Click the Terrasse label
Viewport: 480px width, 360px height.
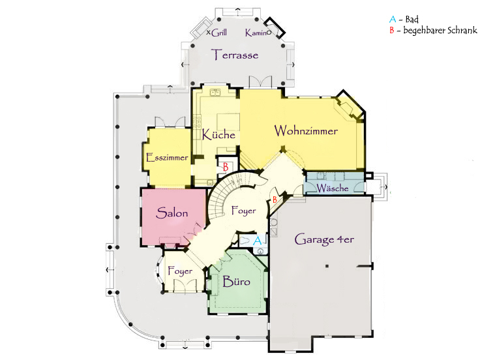[x=235, y=55]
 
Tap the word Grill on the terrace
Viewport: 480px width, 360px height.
[x=219, y=33]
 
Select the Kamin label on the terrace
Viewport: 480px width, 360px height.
[x=256, y=33]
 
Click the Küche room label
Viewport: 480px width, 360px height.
[x=218, y=134]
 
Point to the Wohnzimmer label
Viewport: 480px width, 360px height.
[x=306, y=130]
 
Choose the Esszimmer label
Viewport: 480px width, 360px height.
[x=167, y=158]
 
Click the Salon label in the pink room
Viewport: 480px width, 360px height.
[x=172, y=213]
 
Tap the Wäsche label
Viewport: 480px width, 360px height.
[x=333, y=188]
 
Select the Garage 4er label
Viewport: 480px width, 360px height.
[x=324, y=240]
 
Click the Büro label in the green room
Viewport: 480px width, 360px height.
[x=236, y=281]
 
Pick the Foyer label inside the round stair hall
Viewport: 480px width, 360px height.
[x=244, y=211]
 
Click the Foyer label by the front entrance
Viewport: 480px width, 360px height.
[x=180, y=271]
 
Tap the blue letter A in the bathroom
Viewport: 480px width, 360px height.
[x=258, y=241]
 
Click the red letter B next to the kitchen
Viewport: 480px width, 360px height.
[x=226, y=167]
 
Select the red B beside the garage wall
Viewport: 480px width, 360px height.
[x=275, y=200]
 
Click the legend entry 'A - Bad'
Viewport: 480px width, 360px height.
[x=404, y=20]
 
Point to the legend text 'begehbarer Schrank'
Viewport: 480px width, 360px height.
[x=440, y=30]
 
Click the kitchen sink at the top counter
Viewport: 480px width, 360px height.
[x=215, y=92]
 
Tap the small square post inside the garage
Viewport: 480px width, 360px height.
[x=327, y=266]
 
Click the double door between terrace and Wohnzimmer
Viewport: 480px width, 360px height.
[x=260, y=82]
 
